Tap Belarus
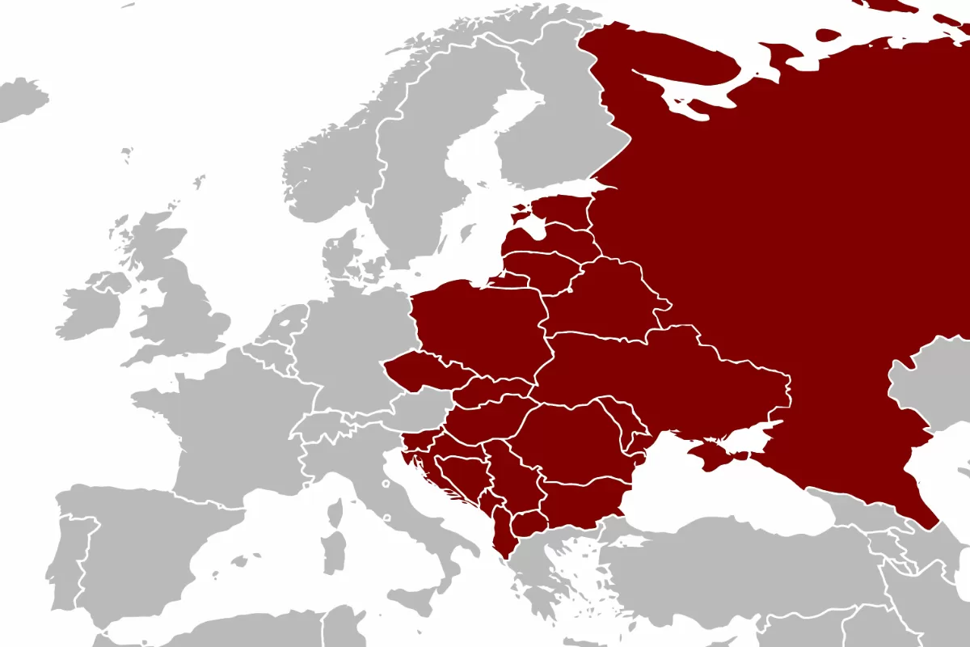point(602,299)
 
